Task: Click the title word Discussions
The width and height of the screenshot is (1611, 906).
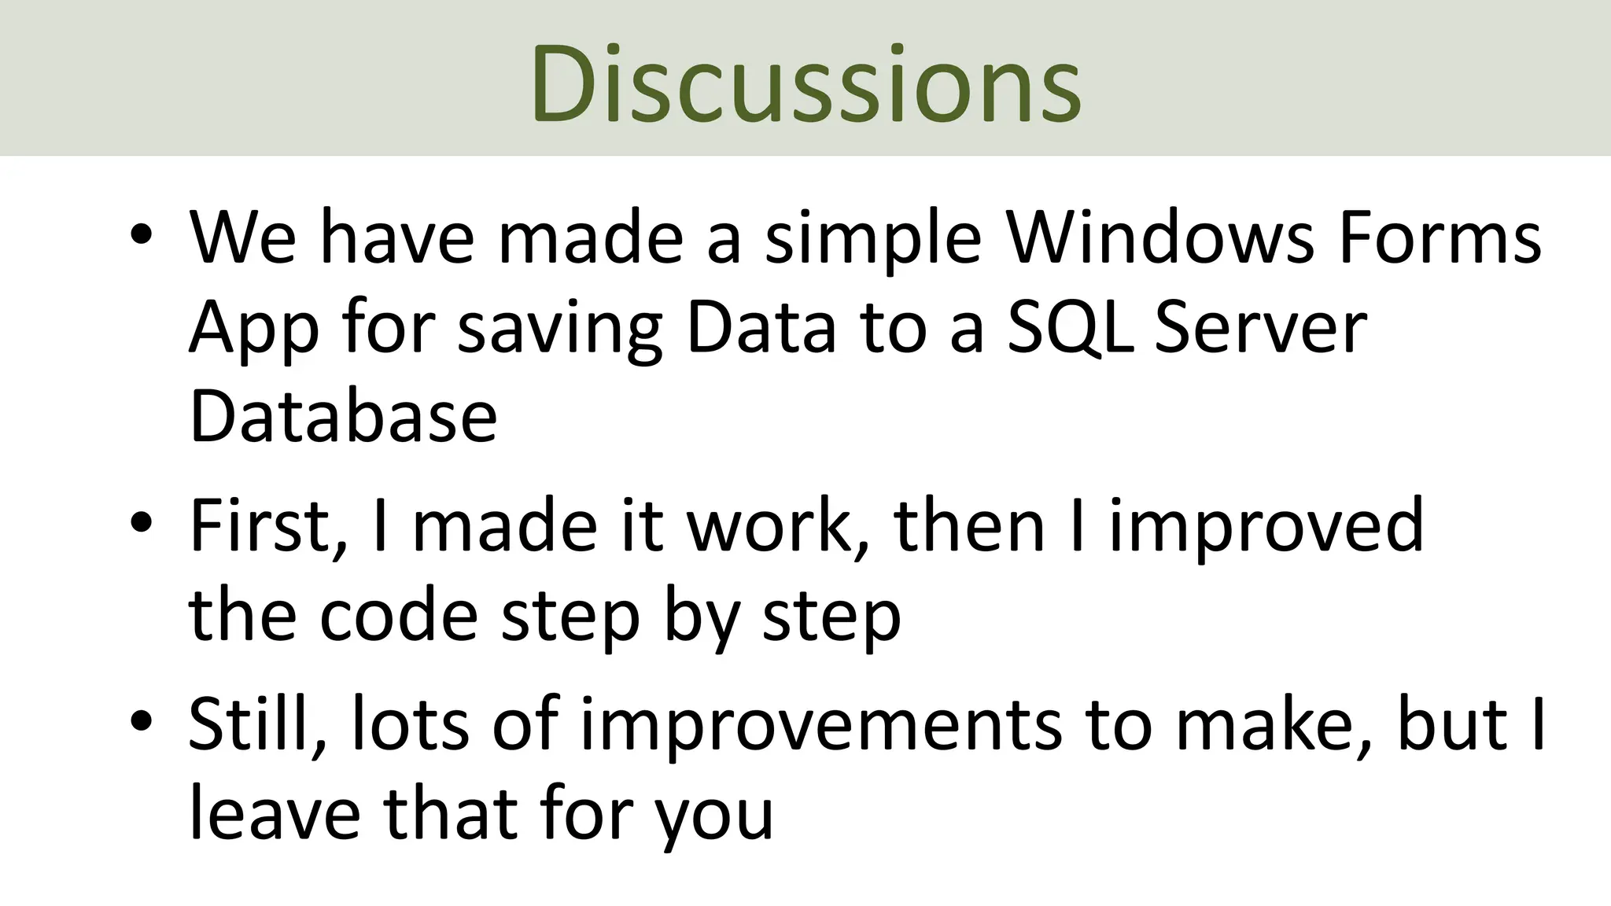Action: (x=805, y=83)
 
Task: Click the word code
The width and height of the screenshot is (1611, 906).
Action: (x=399, y=615)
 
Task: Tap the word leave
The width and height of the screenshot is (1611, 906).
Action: (x=275, y=813)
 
